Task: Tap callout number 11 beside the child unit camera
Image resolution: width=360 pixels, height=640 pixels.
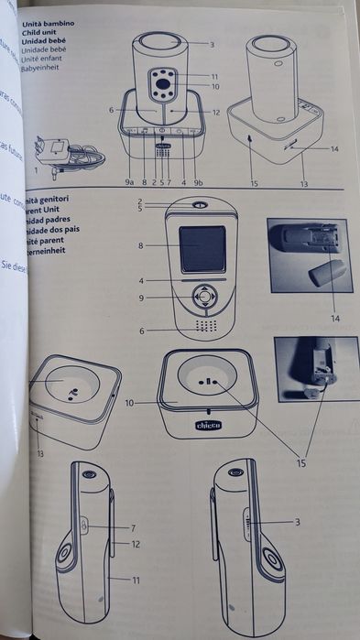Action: [x=214, y=75]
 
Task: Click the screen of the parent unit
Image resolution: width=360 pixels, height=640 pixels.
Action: [x=202, y=247]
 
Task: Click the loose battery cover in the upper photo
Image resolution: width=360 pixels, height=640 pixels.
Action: [x=326, y=272]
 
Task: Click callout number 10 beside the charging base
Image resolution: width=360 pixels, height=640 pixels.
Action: [x=130, y=401]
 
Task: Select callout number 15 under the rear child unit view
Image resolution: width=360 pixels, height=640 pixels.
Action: [x=254, y=183]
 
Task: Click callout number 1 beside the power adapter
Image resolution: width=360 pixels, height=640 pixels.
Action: [x=38, y=170]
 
